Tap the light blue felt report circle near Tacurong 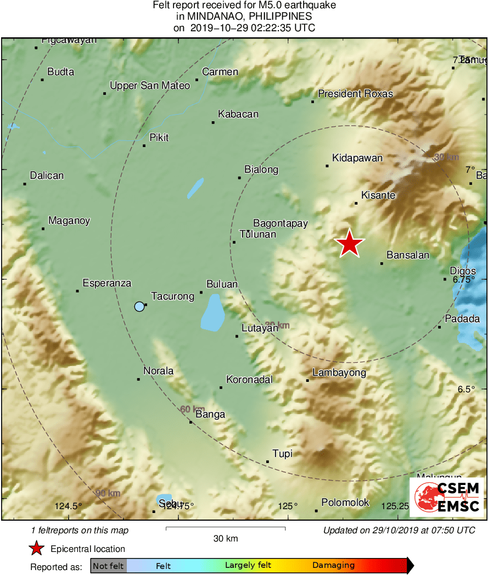[x=139, y=307]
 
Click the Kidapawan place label [x=357, y=158]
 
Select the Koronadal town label [x=249, y=380]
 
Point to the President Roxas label [x=355, y=94]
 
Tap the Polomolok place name [x=345, y=503]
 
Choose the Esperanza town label [x=107, y=283]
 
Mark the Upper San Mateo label [x=149, y=86]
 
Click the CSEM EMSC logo [x=447, y=497]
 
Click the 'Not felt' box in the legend [x=108, y=566]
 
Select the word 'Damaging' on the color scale [x=333, y=566]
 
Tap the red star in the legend [x=37, y=549]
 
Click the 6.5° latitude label [x=466, y=389]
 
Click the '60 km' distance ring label [x=193, y=409]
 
